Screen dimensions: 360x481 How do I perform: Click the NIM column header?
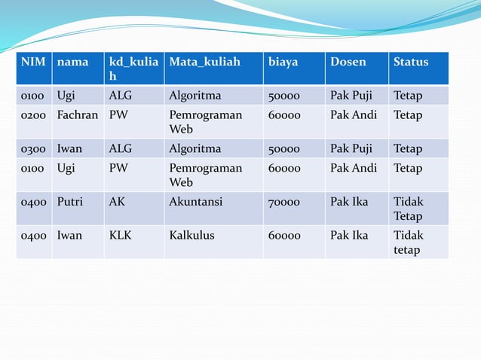[x=33, y=62]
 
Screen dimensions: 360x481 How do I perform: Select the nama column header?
[x=72, y=62]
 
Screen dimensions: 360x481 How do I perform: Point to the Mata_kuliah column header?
[x=204, y=62]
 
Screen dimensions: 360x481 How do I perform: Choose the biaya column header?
[x=283, y=62]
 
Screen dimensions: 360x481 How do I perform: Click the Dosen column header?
[x=348, y=62]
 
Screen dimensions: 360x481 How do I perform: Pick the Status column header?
[x=411, y=62]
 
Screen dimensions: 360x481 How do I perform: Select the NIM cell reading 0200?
[x=33, y=115]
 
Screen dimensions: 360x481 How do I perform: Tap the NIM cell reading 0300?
[x=33, y=148]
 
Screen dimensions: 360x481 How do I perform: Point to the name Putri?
[x=70, y=202]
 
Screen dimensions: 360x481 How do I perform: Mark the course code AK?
[x=118, y=202]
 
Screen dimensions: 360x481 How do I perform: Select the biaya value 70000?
[x=284, y=202]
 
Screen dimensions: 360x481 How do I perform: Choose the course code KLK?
[x=121, y=235]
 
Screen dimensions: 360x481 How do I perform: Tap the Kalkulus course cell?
[x=191, y=235]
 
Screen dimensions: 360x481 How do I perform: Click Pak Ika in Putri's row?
[x=349, y=202]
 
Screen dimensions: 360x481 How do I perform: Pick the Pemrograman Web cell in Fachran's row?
[x=205, y=122]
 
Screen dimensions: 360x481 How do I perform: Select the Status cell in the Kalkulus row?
[x=409, y=242]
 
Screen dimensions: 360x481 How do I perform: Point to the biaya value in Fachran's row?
[x=284, y=115]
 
